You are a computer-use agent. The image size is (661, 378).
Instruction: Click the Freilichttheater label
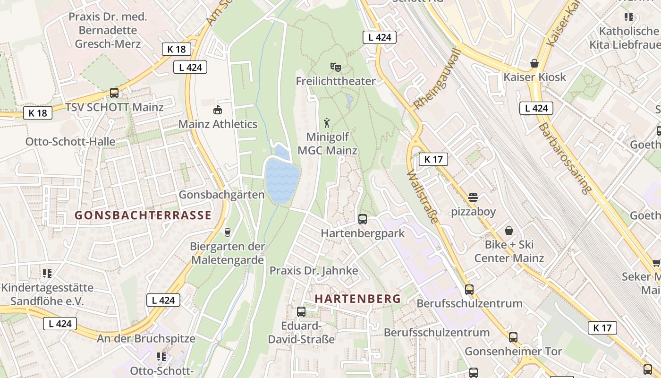point(336,81)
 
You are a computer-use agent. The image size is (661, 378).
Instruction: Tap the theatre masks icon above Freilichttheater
point(336,66)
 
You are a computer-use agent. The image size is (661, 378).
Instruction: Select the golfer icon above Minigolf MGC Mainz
point(327,123)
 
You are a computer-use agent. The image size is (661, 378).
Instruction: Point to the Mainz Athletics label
point(218,124)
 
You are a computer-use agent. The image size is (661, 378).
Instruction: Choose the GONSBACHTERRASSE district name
point(143,215)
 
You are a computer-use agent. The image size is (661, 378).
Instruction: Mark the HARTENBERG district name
point(357,299)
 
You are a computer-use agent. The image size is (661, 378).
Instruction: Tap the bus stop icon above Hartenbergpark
point(363,219)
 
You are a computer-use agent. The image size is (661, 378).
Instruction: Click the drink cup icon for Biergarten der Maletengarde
point(228,232)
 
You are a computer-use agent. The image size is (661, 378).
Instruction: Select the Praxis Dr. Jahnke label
point(314,271)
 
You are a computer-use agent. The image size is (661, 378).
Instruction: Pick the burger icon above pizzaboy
point(473,198)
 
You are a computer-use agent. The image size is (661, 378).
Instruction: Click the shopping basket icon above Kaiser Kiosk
point(534,63)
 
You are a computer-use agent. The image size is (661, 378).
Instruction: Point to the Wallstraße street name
point(422,196)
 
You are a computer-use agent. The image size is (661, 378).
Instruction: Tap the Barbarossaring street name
point(564,159)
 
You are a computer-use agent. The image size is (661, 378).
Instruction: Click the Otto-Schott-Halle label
point(70,142)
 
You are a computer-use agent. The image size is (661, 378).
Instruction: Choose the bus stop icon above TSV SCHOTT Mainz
point(114,93)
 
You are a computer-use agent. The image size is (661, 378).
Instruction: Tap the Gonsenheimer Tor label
point(513,352)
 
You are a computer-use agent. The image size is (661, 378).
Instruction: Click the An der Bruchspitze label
point(146,339)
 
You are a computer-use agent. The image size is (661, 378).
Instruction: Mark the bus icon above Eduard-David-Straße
point(301,311)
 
